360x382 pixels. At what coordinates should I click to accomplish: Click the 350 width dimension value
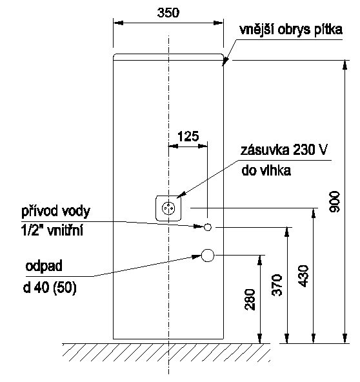pyautogui.click(x=168, y=13)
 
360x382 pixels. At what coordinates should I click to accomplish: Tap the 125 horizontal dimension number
pyautogui.click(x=188, y=136)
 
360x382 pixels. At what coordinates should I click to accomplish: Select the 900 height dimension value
pyautogui.click(x=334, y=202)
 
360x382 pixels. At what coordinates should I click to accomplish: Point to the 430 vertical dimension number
pyautogui.click(x=303, y=276)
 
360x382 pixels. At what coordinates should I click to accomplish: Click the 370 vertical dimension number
pyautogui.click(x=277, y=285)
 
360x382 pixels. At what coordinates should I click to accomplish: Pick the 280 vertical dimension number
pyautogui.click(x=250, y=299)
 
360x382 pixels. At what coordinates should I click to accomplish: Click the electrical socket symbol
pyautogui.click(x=168, y=208)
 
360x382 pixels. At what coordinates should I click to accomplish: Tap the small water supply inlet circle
pyautogui.click(x=208, y=227)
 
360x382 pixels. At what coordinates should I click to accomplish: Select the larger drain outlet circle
pyautogui.click(x=208, y=256)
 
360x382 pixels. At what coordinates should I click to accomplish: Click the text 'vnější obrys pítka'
pyautogui.click(x=291, y=30)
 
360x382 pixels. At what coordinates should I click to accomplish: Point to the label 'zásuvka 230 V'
pyautogui.click(x=284, y=150)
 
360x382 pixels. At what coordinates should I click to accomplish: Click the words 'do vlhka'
pyautogui.click(x=266, y=170)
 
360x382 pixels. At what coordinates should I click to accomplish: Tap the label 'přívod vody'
pyautogui.click(x=55, y=212)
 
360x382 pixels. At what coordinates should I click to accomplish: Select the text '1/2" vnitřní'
pyautogui.click(x=52, y=230)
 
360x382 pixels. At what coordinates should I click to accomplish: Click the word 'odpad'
pyautogui.click(x=44, y=266)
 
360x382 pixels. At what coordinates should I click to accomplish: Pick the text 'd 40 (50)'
pyautogui.click(x=50, y=288)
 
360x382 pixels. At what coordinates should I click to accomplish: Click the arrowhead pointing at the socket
pyautogui.click(x=181, y=195)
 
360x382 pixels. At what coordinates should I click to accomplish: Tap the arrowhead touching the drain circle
pyautogui.click(x=197, y=257)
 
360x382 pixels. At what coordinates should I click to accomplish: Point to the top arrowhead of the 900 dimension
pyautogui.click(x=345, y=65)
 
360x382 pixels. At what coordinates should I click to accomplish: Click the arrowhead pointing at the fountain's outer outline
pyautogui.click(x=225, y=61)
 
